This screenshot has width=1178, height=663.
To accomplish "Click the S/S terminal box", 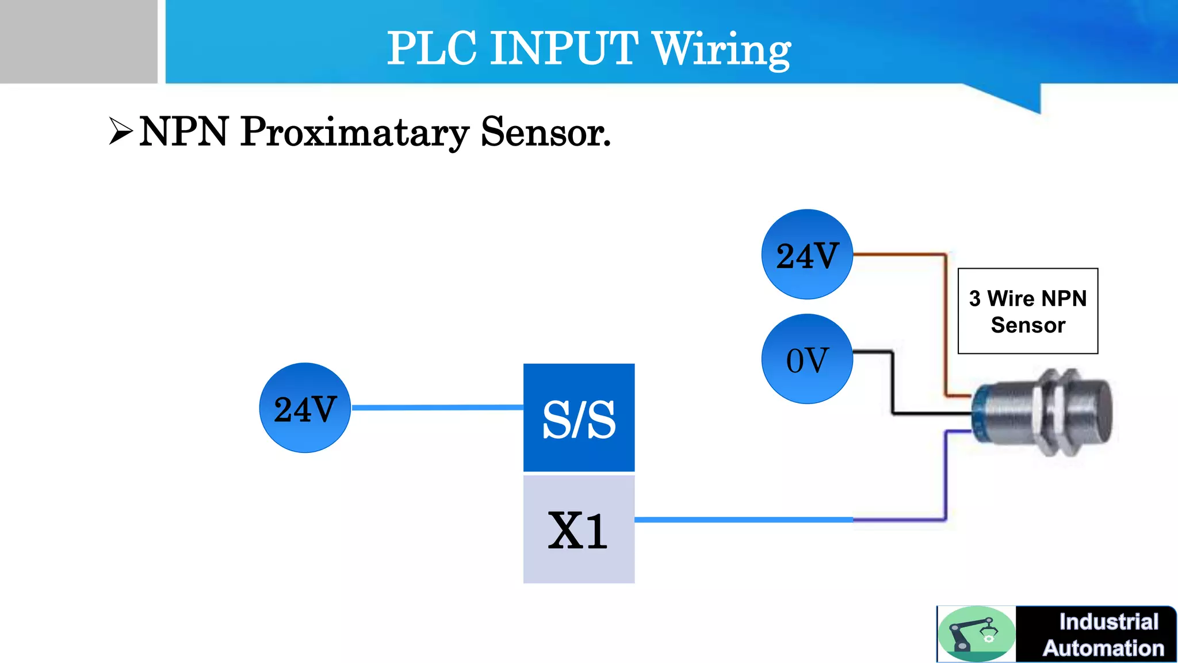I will [x=579, y=417].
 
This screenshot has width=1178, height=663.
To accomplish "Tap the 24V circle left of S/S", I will [x=305, y=408].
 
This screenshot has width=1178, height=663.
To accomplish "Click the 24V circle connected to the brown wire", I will [x=806, y=254].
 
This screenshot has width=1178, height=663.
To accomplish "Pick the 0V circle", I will [x=806, y=359].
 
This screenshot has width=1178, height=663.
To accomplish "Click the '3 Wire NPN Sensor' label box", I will [x=1027, y=311].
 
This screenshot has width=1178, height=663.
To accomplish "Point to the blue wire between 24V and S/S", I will [x=437, y=407].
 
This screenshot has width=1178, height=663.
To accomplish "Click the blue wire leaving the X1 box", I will [x=742, y=520].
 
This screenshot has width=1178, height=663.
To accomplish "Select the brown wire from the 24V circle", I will [x=945, y=322].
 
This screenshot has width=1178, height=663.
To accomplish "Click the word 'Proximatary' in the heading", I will [x=354, y=132].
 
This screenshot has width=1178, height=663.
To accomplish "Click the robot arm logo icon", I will [x=976, y=634].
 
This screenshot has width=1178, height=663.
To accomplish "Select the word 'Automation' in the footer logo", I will [x=1103, y=648].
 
